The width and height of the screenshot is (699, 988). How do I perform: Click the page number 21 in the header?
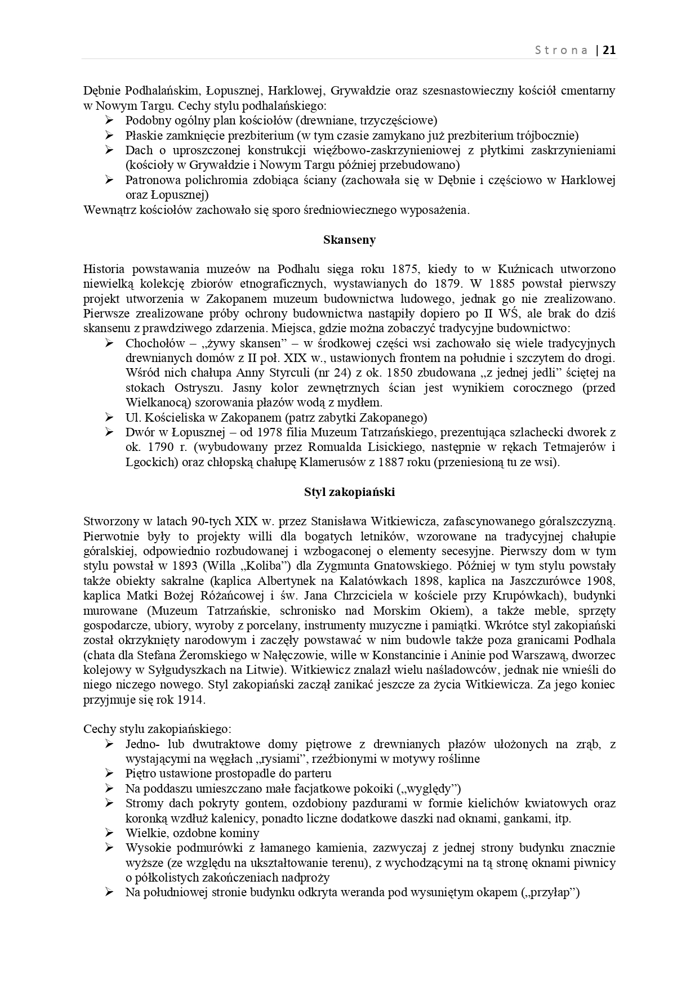(609, 50)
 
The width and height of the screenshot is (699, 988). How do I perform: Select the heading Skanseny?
(349, 240)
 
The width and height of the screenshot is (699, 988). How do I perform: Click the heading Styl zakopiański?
(349, 492)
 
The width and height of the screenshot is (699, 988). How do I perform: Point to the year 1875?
(403, 269)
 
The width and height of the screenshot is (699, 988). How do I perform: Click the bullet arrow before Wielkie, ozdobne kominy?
(109, 833)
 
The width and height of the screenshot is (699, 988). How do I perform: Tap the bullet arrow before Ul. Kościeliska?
(109, 418)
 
